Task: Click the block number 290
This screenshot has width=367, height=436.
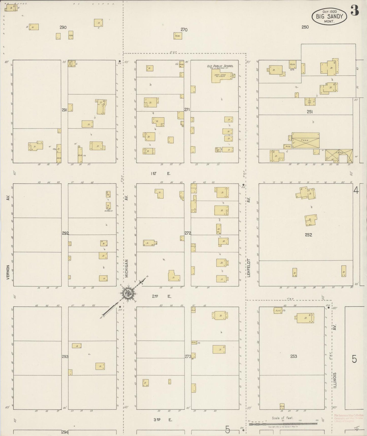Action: point(63,27)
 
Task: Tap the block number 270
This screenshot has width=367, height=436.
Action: point(184,30)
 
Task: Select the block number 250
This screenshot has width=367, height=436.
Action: point(305,27)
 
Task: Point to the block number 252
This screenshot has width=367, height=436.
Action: point(308,235)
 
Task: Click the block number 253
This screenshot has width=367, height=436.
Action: point(294,356)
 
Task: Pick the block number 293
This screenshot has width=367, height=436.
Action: point(65,357)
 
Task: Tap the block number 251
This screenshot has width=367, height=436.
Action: point(309,112)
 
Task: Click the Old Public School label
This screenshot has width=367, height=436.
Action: point(220,66)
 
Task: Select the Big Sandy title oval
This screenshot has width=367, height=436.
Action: point(329,17)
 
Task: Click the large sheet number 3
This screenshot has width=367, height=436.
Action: point(355,11)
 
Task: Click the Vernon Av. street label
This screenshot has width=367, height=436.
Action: point(8,272)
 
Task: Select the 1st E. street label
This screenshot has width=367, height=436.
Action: point(161,173)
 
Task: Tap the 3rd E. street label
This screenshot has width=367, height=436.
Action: point(163,420)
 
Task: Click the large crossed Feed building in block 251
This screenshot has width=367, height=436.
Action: point(305,140)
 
